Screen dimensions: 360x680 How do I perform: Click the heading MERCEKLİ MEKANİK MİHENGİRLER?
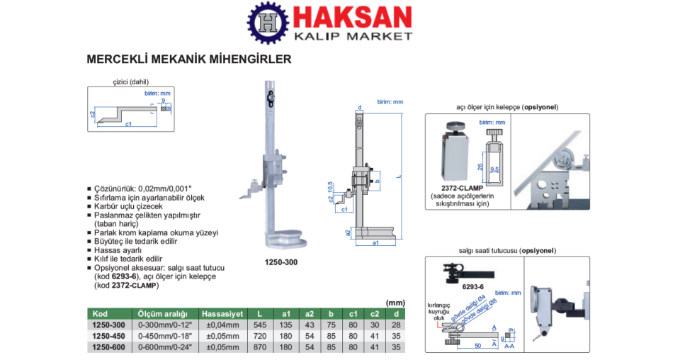[x=188, y=60]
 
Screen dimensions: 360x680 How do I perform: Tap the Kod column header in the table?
[x=100, y=313]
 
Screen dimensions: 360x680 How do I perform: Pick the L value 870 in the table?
[x=260, y=347]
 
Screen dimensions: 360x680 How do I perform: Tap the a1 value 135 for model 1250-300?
[x=287, y=325]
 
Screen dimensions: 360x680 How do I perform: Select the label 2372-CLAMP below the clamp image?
[x=461, y=188]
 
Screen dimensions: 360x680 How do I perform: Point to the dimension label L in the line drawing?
[x=399, y=176]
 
